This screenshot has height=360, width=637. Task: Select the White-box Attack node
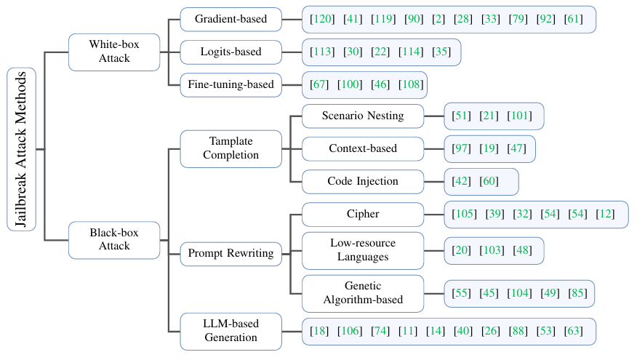[x=114, y=52]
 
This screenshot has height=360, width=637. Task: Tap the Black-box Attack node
[x=114, y=240]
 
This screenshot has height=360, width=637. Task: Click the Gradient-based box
[x=231, y=19]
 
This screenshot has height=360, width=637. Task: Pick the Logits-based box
[x=231, y=52]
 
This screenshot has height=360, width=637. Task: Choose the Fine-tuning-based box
[x=231, y=84]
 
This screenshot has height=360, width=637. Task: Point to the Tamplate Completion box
[x=231, y=148]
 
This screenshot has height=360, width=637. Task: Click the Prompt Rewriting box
[x=231, y=254]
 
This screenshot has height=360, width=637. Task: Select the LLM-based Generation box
[x=231, y=331]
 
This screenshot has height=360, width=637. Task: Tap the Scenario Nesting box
[x=362, y=116]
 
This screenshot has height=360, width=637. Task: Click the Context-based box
[x=362, y=148]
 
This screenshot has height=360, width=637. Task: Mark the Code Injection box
[x=362, y=181]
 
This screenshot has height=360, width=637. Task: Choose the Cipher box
[x=362, y=214]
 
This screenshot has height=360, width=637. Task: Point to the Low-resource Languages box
[x=362, y=250]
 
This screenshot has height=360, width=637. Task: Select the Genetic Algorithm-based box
[x=362, y=292]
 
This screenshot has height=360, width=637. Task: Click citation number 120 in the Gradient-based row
[x=322, y=19]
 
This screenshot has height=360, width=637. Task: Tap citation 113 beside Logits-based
[x=322, y=52]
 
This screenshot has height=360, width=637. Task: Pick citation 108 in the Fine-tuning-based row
[x=411, y=85]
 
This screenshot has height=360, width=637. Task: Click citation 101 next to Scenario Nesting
[x=520, y=116]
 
